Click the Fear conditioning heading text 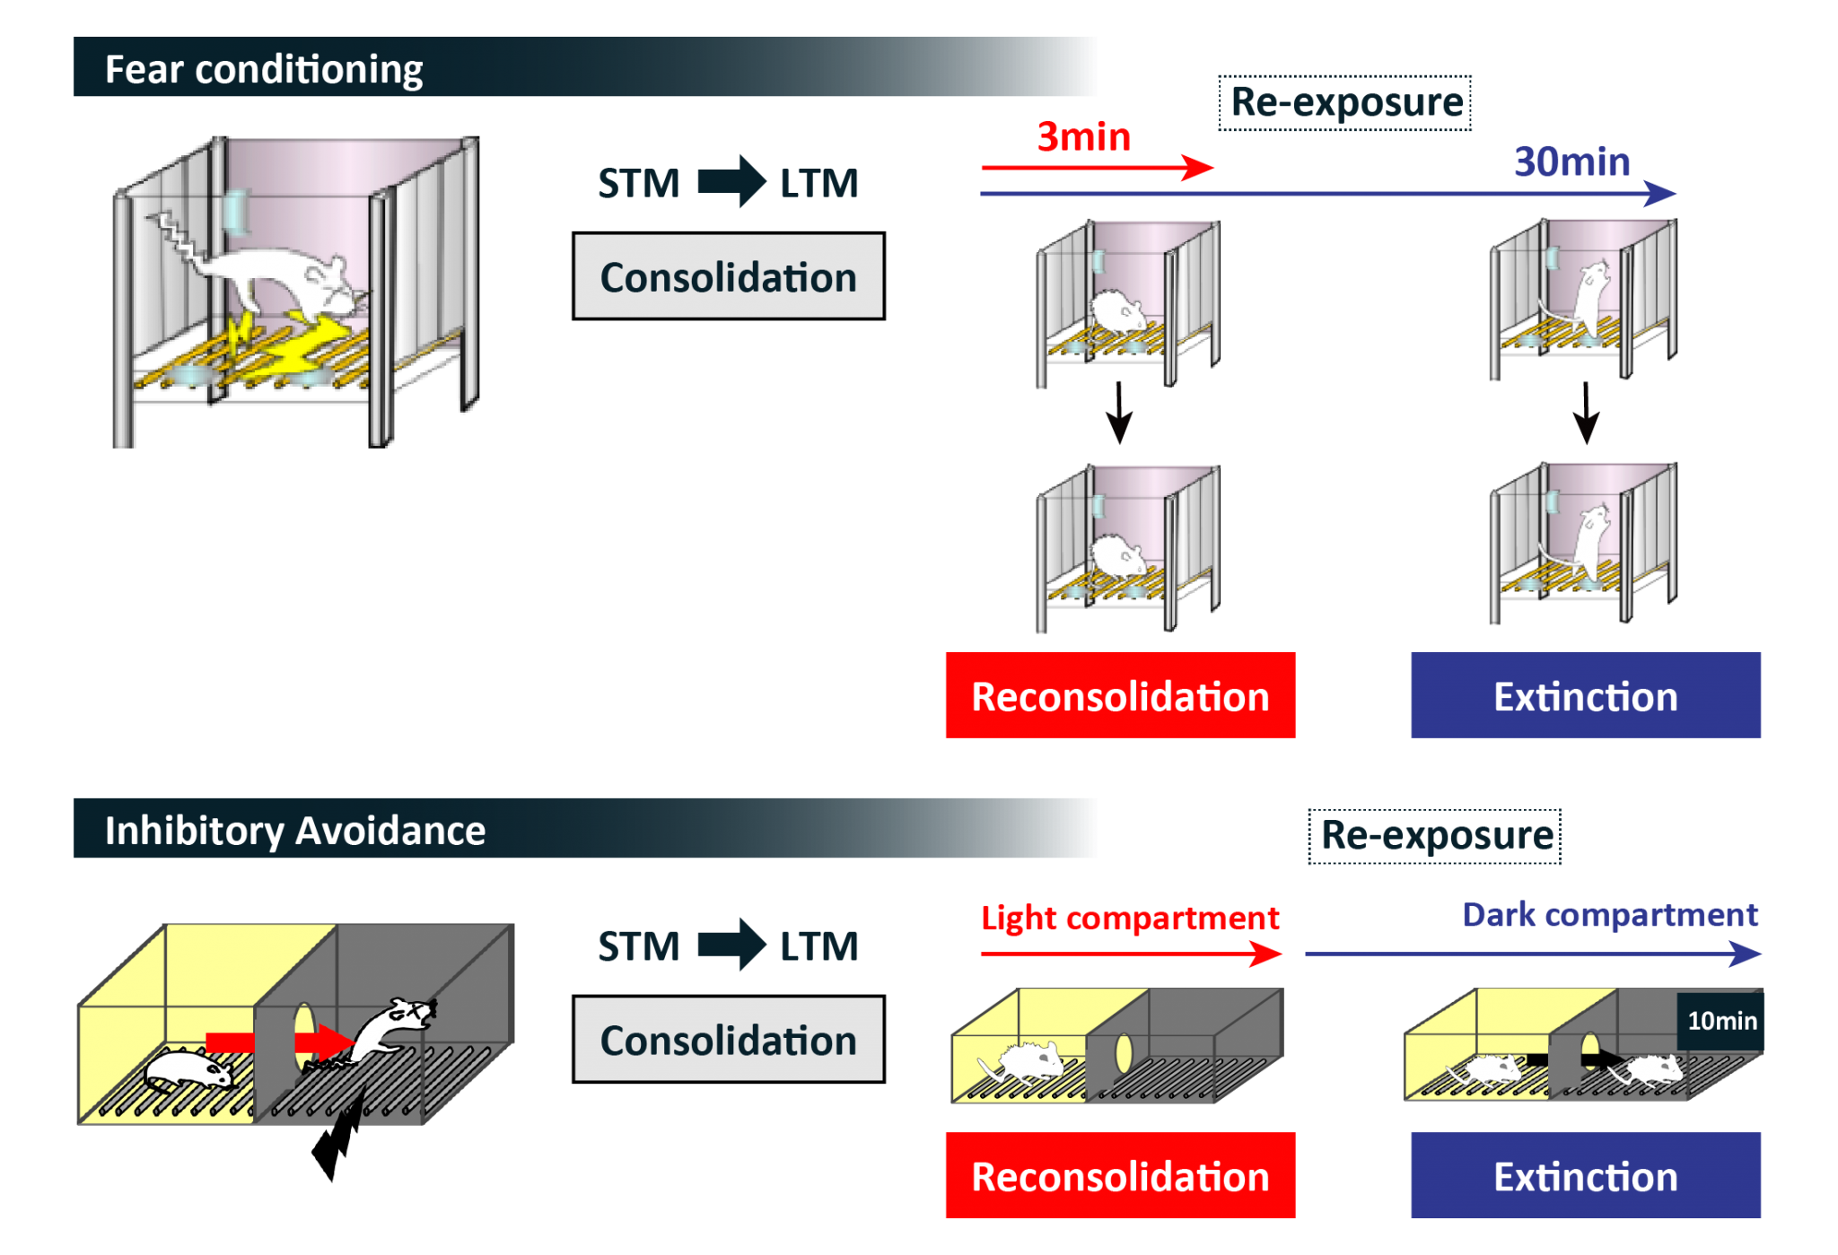pos(263,69)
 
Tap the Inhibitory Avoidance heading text pos(294,830)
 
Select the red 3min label pos(1083,137)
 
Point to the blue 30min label pos(1571,162)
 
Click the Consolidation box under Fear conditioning pos(728,276)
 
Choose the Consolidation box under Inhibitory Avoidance pos(728,1040)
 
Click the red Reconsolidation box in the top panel pos(1119,696)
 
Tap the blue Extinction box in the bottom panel pos(1585,1176)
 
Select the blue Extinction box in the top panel pos(1585,696)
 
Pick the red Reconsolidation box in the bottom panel pos(1119,1176)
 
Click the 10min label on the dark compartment pos(1721,1021)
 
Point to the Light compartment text pos(1130,918)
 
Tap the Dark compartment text pos(1609,915)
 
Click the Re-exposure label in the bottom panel pos(1435,836)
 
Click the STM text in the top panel pos(638,184)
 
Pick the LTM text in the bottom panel pos(818,947)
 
